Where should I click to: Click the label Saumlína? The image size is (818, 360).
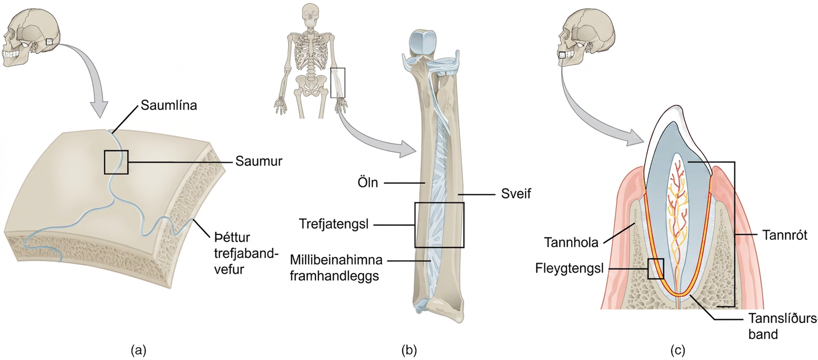(x=169, y=105)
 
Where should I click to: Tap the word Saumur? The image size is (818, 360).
(x=259, y=161)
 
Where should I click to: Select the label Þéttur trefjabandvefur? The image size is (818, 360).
(x=246, y=253)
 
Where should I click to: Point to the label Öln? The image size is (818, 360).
(x=368, y=182)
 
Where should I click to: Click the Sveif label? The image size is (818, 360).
(x=516, y=194)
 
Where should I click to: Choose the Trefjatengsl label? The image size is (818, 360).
(x=334, y=224)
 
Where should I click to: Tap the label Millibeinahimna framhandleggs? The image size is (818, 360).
(x=336, y=268)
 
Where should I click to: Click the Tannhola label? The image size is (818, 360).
(x=571, y=242)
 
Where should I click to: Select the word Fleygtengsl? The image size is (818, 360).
(x=569, y=268)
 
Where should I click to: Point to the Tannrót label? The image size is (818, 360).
(x=785, y=235)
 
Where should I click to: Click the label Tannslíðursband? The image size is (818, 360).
(x=783, y=326)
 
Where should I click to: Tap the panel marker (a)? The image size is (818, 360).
(x=139, y=350)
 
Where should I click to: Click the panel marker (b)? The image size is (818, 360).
(x=409, y=350)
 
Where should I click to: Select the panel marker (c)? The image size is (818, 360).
(x=678, y=350)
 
